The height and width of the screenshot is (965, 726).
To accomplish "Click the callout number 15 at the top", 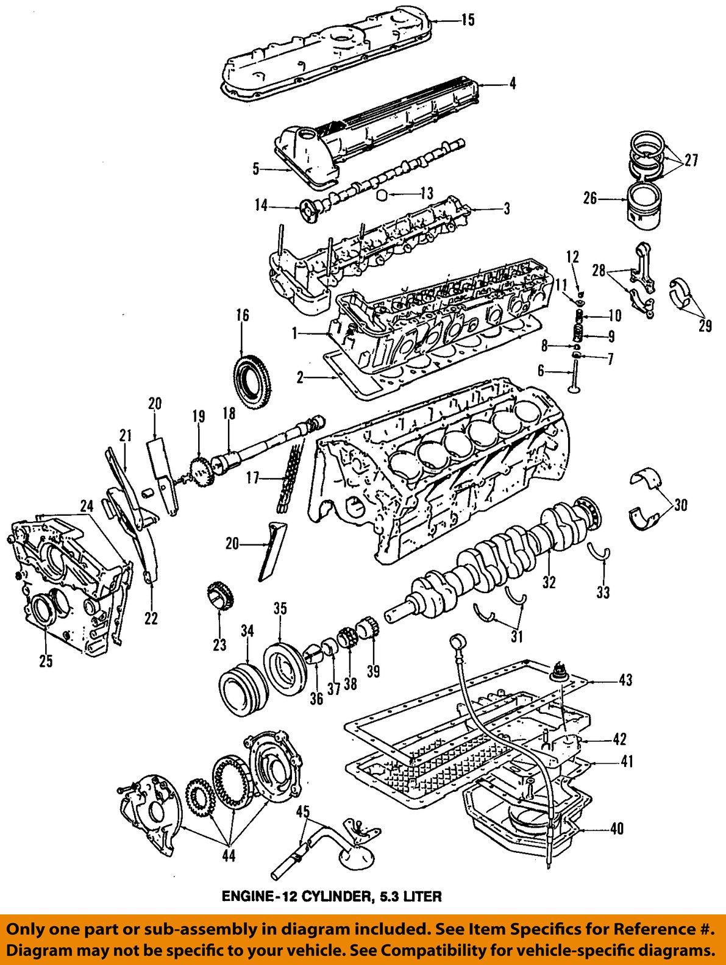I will (467, 20).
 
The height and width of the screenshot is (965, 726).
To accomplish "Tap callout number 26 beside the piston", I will (589, 198).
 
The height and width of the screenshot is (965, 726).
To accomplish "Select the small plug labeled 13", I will (383, 194).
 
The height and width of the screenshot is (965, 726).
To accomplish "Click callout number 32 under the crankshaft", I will (549, 582).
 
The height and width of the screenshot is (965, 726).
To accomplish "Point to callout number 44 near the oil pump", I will (228, 855).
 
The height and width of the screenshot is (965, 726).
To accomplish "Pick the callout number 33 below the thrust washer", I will (602, 591).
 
